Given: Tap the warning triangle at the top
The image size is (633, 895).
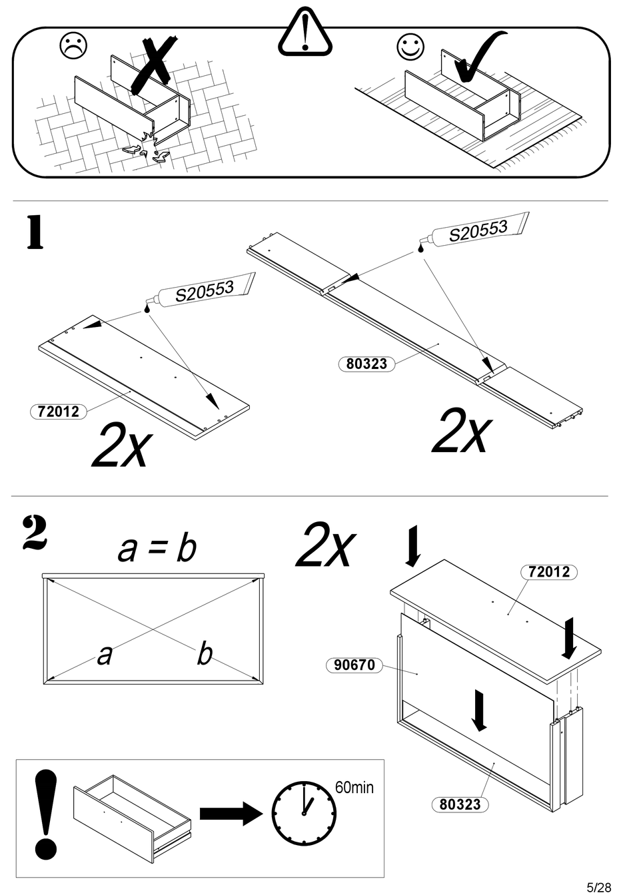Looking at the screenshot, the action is click(x=305, y=35).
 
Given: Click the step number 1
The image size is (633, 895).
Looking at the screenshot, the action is click(x=35, y=233).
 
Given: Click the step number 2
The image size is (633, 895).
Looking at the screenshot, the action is click(x=35, y=533).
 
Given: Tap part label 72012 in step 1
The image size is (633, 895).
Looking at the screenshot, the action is click(x=59, y=412).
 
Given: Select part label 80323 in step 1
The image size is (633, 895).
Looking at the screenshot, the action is click(x=366, y=364).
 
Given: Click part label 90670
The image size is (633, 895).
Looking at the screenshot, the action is click(x=354, y=665).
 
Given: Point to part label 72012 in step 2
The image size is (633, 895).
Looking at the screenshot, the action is click(x=548, y=571).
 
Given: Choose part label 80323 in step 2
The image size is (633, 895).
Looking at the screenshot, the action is click(x=460, y=804).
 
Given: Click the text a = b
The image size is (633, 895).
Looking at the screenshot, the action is click(x=157, y=549).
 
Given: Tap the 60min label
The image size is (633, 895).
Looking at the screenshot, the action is click(x=354, y=788).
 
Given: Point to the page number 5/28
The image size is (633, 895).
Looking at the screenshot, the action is click(x=598, y=887).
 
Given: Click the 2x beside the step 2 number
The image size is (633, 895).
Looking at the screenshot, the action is click(x=325, y=546).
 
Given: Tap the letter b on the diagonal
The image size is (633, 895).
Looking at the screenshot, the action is click(x=205, y=654).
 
